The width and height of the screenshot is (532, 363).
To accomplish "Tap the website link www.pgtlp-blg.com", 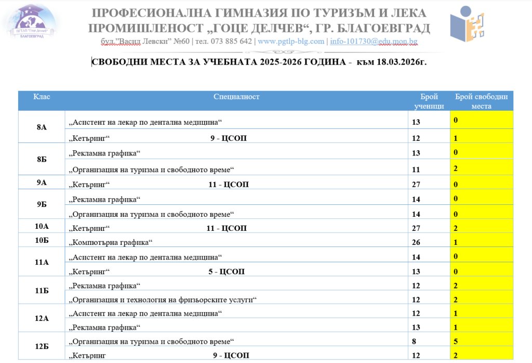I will [291, 42].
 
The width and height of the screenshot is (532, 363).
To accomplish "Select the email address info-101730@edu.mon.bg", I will [373, 42].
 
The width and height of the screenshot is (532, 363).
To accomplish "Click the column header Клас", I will [42, 97].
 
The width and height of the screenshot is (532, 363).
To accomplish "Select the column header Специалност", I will [236, 97].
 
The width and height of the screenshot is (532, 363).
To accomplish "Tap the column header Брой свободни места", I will [481, 101].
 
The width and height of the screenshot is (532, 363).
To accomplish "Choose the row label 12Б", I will [42, 345].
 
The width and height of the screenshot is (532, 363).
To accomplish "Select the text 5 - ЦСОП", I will [227, 271].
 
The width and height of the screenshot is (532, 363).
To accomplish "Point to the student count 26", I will [416, 242].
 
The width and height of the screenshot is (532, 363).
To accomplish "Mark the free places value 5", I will [456, 342].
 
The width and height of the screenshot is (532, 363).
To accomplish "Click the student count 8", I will [414, 342].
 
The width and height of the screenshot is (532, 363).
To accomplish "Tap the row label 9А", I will [42, 183].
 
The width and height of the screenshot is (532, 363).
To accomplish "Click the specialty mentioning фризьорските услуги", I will [163, 300].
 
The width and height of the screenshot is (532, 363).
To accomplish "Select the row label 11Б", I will [42, 291].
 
